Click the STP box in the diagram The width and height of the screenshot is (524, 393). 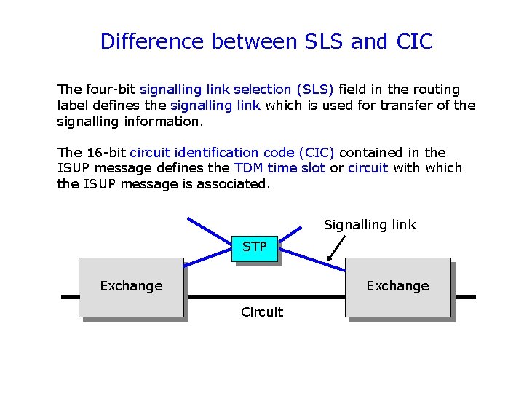click(254, 247)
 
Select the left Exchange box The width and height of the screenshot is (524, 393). click(131, 286)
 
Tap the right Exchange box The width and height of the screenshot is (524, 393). click(397, 286)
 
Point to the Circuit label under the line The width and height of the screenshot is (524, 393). click(262, 312)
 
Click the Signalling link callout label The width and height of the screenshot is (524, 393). click(370, 225)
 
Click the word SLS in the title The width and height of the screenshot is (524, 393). click(321, 42)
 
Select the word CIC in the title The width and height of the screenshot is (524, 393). click(414, 42)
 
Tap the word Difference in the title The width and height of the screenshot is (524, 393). click(153, 42)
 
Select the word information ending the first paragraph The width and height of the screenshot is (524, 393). click(165, 121)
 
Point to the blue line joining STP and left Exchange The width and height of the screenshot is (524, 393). click(209, 259)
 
